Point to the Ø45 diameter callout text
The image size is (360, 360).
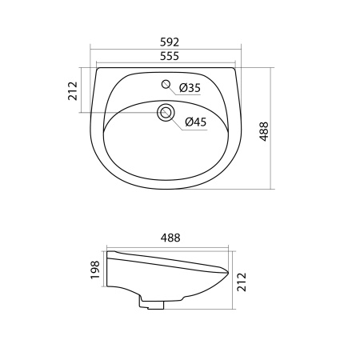pyautogui.click(x=197, y=122)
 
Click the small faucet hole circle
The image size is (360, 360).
pyautogui.click(x=166, y=84)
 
